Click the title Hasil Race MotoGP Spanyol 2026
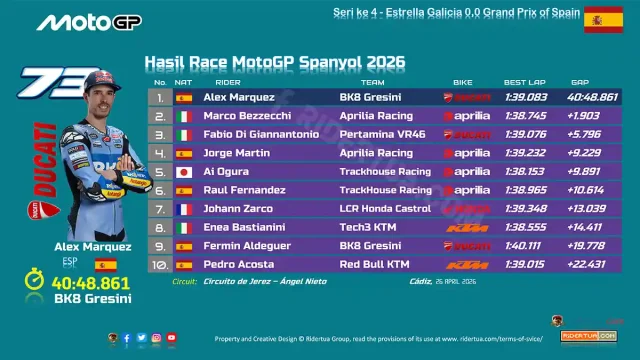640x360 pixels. click(275, 62)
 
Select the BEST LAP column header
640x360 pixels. click(524, 81)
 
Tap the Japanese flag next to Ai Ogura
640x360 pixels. click(184, 171)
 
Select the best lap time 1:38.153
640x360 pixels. click(525, 171)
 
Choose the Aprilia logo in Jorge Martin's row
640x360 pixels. click(466, 153)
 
